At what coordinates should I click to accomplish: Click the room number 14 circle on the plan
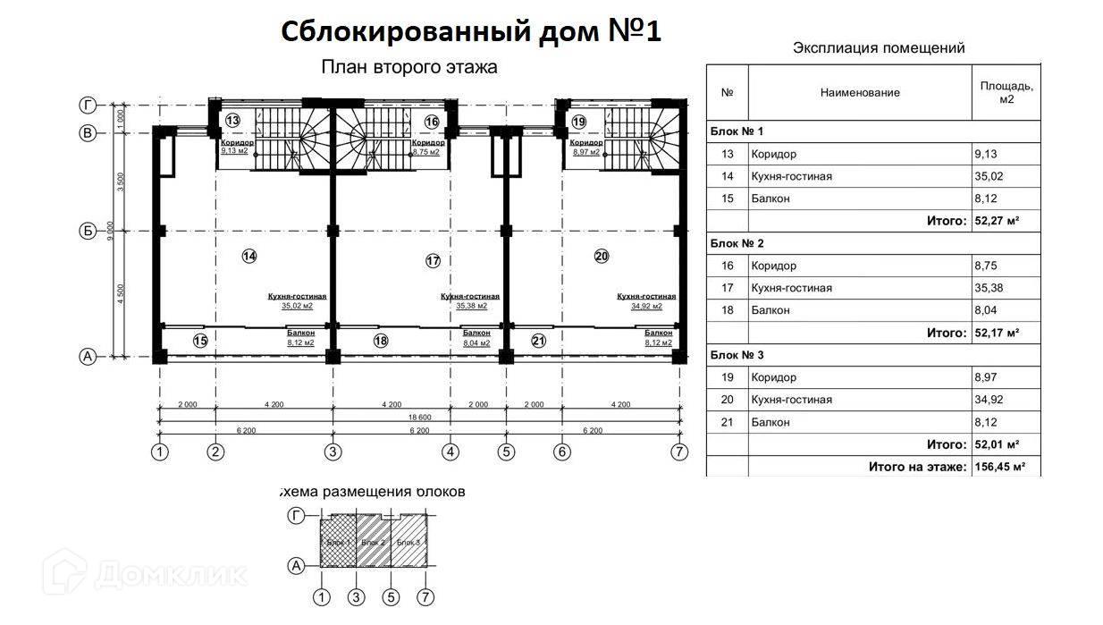(249, 257)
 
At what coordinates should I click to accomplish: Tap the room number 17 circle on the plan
(434, 261)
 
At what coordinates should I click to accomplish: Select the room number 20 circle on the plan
(601, 257)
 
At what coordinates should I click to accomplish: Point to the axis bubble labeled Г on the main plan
(88, 105)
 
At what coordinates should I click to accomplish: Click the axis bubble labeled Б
(88, 232)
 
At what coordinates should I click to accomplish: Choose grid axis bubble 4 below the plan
(450, 452)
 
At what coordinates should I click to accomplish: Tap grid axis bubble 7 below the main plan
(680, 452)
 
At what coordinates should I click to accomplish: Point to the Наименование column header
(859, 92)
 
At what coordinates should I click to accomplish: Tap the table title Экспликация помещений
(879, 48)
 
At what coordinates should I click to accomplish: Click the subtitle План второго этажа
(408, 67)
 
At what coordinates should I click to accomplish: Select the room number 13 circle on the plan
(232, 121)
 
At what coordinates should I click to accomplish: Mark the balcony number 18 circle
(381, 341)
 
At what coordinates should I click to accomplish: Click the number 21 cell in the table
(727, 422)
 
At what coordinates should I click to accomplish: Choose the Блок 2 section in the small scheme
(373, 543)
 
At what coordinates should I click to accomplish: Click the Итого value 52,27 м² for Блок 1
(997, 221)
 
